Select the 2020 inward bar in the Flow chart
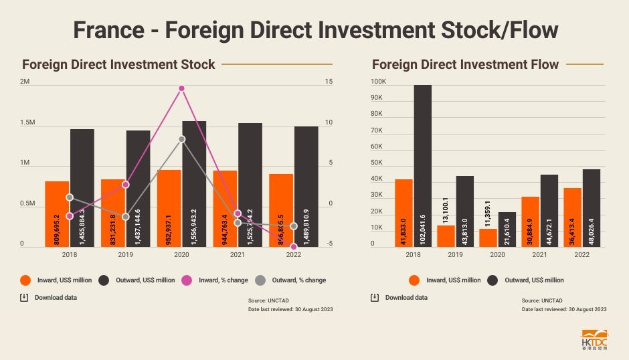pos(488,238)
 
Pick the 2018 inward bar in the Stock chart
pos(57,214)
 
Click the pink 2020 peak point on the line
pos(181,88)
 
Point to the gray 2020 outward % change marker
pos(181,139)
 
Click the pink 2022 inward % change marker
pos(293,247)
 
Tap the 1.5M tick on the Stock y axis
pos(28,123)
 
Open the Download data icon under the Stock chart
pos(25,297)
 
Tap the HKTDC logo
pos(594,339)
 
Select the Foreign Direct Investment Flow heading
pos(465,65)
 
